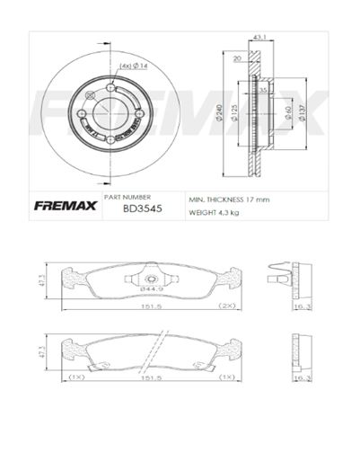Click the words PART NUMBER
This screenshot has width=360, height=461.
pyautogui.click(x=127, y=196)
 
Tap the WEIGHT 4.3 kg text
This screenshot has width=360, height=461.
pyautogui.click(x=213, y=213)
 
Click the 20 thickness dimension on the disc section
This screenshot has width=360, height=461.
pyautogui.click(x=236, y=58)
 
